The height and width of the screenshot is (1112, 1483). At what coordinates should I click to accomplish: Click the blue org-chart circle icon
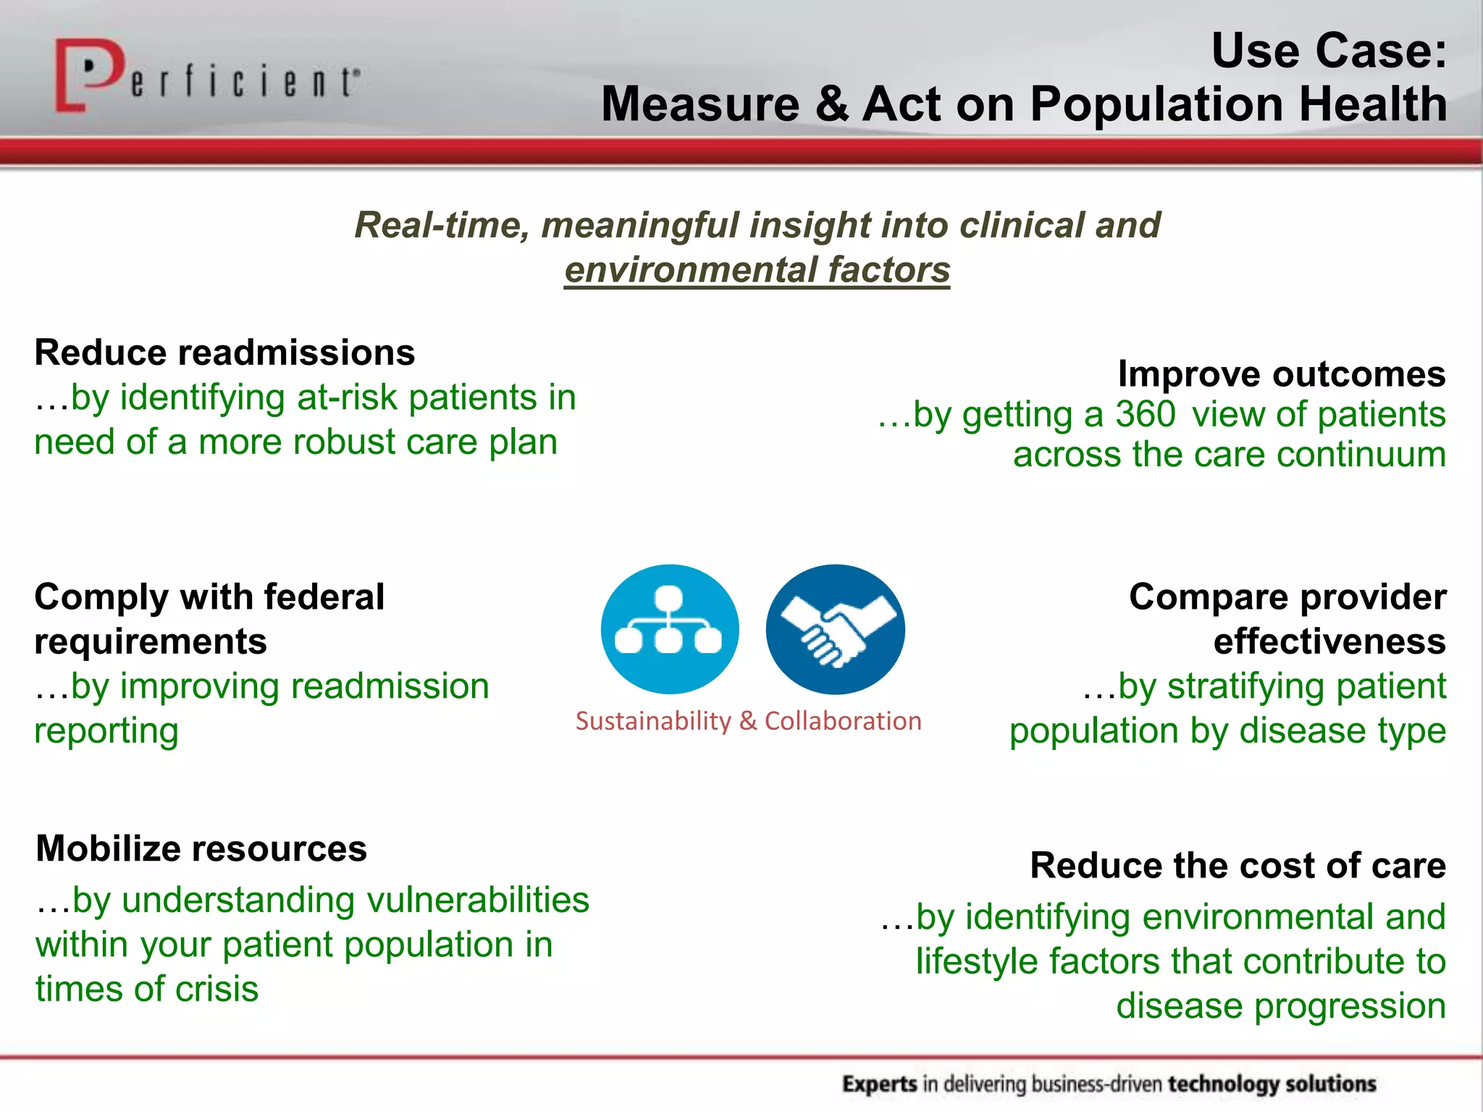pos(670,628)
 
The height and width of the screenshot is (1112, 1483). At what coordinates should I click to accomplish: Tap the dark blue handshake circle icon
pos(835,628)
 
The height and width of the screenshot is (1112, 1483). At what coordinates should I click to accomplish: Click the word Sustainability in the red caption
pos(653,721)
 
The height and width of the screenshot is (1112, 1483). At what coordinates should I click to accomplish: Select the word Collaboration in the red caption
pos(843,721)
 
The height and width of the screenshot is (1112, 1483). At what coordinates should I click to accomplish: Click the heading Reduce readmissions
pos(224,353)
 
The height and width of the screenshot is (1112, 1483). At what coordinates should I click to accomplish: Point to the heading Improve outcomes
pos(1281,374)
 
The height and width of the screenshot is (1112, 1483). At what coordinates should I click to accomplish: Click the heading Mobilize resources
pos(201,848)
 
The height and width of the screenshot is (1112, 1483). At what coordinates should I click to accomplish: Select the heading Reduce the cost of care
pos(1238,865)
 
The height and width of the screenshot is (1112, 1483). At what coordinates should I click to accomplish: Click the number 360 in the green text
pos(1145,414)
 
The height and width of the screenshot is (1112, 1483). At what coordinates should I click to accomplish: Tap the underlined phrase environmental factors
pos(757,269)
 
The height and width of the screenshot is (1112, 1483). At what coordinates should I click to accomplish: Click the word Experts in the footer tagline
pos(879,1084)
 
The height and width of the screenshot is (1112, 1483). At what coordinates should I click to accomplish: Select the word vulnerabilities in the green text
pos(478,900)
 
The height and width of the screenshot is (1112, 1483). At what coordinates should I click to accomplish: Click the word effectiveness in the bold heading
pos(1329,641)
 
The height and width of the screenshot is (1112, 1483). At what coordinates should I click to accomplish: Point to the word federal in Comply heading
pos(324,597)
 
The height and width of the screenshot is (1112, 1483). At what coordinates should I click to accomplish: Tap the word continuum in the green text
pos(1361,455)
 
